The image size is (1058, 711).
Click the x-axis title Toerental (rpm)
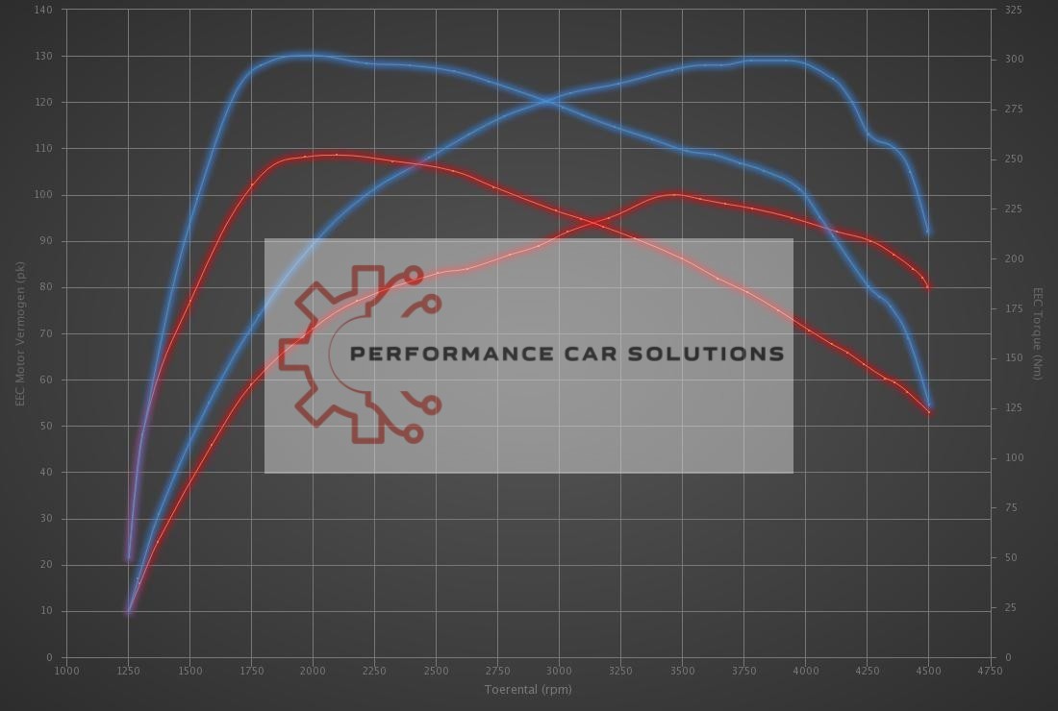tap(528, 689)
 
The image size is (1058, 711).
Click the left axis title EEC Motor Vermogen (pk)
tap(19, 331)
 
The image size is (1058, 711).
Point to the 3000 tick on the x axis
tap(559, 671)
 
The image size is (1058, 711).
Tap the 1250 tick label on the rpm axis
tap(128, 671)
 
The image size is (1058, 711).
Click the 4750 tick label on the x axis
tap(991, 671)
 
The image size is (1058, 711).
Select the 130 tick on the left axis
tap(45, 56)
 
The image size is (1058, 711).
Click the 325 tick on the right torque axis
tap(1013, 10)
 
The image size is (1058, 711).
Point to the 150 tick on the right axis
tap(1013, 358)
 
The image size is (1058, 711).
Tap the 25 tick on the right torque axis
tap(1010, 607)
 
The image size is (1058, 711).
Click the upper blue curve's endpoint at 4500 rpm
tap(928, 231)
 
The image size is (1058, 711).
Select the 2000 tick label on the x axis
tap(313, 671)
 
